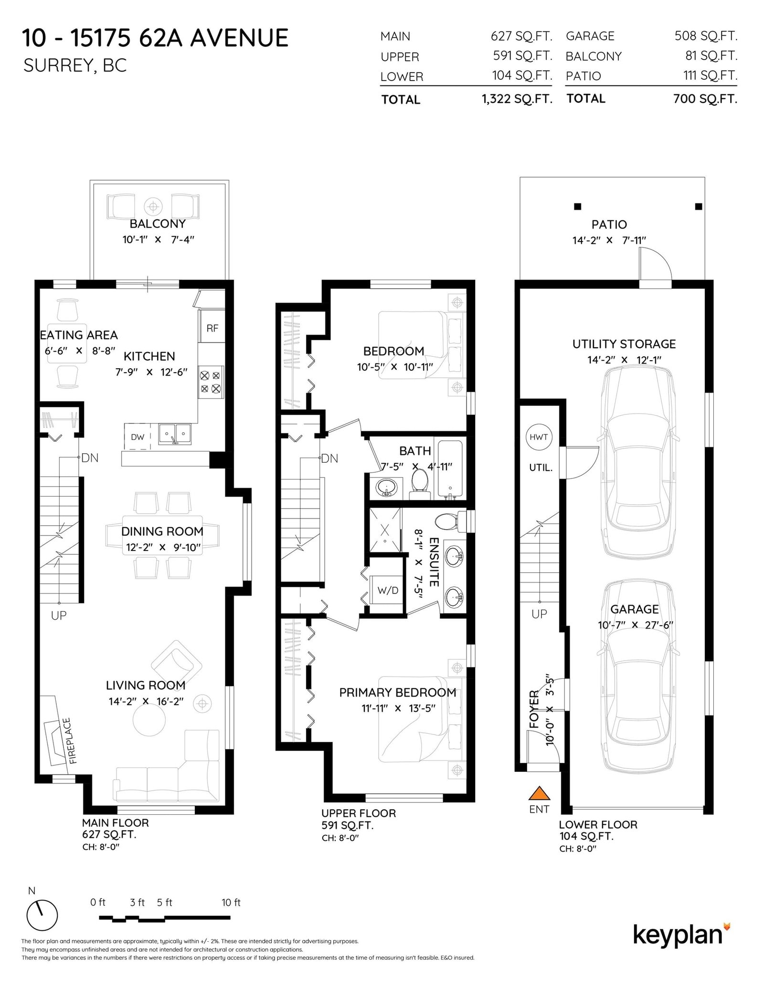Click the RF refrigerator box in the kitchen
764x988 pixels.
[x=212, y=328]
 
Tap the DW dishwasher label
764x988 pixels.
[x=138, y=437]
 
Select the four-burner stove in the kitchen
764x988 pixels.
[x=211, y=382]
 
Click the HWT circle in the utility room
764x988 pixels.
[x=539, y=437]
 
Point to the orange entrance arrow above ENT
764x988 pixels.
[x=539, y=793]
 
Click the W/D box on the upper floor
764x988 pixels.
[x=387, y=590]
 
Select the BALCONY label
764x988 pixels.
[x=157, y=224]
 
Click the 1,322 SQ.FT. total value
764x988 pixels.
[x=517, y=99]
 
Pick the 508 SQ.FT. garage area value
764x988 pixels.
[x=705, y=36]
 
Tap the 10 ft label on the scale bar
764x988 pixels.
[x=231, y=902]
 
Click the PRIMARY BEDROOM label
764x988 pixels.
[x=397, y=693]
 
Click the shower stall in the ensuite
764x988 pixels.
[x=385, y=530]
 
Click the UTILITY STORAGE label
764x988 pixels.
[x=624, y=344]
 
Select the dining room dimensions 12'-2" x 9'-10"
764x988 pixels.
[x=162, y=547]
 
